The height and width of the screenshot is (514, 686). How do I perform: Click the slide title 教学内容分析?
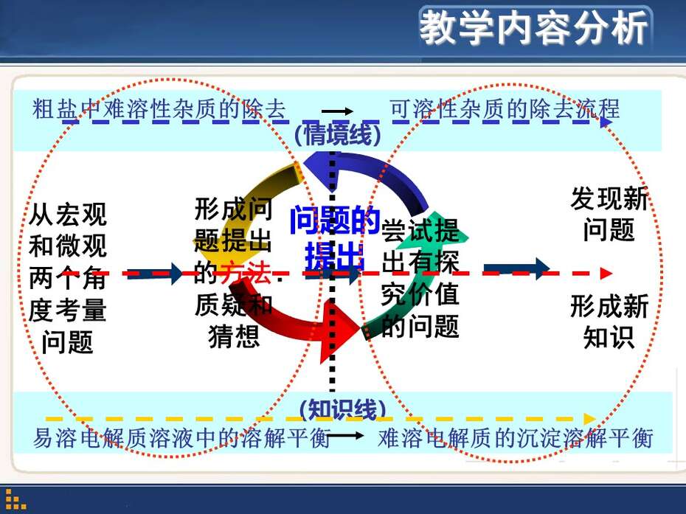(x=534, y=28)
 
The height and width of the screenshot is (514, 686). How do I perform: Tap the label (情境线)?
(x=338, y=133)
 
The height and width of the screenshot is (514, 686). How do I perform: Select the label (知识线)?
(x=342, y=409)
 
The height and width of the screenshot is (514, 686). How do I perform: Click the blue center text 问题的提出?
(x=335, y=237)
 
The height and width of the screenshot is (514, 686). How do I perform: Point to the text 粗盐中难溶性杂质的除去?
(x=159, y=109)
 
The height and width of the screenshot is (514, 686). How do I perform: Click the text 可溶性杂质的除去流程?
(x=505, y=109)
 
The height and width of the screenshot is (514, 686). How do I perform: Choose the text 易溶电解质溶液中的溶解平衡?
(x=181, y=437)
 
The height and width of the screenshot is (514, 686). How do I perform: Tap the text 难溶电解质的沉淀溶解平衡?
(x=516, y=437)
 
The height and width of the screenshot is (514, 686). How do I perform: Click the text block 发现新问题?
(x=609, y=214)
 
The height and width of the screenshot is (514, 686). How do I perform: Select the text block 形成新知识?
(x=609, y=321)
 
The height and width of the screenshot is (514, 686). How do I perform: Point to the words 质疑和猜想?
(x=234, y=321)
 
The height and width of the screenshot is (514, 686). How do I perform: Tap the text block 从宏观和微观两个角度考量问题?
(x=68, y=278)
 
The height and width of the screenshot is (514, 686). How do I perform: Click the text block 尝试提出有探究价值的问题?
(x=420, y=279)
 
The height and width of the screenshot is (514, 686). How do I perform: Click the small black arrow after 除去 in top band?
(x=337, y=111)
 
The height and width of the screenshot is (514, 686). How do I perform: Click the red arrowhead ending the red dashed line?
(x=606, y=274)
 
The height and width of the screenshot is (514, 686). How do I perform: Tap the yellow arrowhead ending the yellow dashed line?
(x=590, y=419)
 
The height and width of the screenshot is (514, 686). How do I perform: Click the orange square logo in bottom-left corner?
(x=15, y=499)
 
